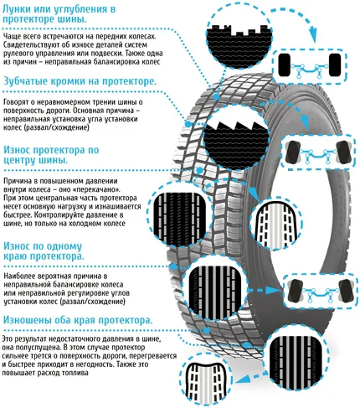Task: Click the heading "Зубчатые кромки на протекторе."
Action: click(80, 81)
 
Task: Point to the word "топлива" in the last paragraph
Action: click(77, 373)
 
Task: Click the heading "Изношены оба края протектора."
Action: click(78, 320)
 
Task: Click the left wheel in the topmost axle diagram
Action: click(285, 65)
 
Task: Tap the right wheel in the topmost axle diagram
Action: click(335, 65)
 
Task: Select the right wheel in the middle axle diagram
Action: click(343, 152)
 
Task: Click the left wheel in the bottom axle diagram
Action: click(296, 291)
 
